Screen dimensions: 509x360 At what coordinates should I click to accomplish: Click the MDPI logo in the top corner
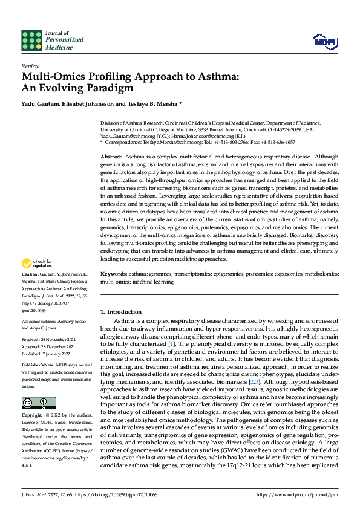(x=324, y=41)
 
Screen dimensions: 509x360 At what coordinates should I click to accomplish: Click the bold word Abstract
(x=112, y=157)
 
